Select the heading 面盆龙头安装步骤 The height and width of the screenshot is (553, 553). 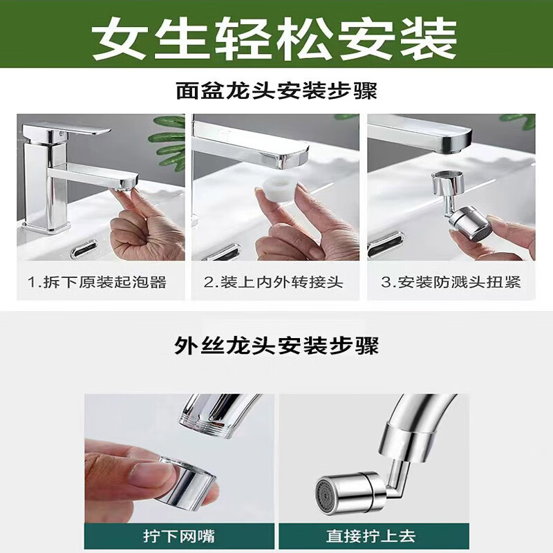pos(276,91)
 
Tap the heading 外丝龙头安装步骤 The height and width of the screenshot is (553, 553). pos(276,344)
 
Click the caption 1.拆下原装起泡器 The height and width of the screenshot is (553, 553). pos(97,282)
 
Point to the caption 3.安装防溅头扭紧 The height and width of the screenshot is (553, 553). pos(451,282)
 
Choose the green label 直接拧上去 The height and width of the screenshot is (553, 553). pos(374,535)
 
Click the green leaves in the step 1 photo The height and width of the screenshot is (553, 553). pos(169,138)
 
